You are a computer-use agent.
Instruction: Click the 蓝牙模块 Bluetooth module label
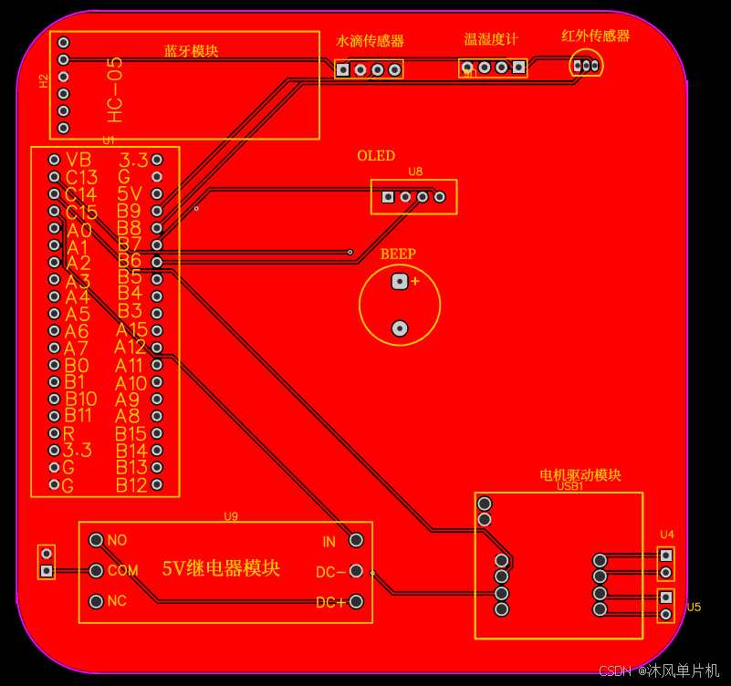tap(192, 51)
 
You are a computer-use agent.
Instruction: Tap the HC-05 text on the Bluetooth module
tap(114, 89)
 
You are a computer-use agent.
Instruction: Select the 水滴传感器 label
tap(371, 41)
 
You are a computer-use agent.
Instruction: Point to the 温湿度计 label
tap(491, 39)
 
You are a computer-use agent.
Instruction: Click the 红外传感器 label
tap(596, 36)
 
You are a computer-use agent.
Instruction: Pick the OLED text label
tap(376, 156)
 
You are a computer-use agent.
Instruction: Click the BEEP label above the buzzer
tap(398, 255)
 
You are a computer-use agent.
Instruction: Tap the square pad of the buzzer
tap(399, 282)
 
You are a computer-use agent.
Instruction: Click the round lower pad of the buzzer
tap(399, 327)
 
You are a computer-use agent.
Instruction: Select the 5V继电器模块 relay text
tap(221, 568)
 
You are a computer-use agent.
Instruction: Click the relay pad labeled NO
tap(96, 540)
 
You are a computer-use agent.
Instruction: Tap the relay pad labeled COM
tap(96, 571)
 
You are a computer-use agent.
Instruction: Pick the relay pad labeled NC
tap(96, 601)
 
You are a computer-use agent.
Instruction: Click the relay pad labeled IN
tap(356, 541)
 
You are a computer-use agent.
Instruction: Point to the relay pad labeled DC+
tap(356, 602)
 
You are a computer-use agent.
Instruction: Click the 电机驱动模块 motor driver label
tap(580, 475)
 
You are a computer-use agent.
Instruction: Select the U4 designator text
tap(667, 535)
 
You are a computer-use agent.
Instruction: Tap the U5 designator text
tap(694, 608)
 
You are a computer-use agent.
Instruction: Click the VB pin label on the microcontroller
tap(79, 160)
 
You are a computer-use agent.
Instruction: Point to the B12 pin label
tap(131, 485)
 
